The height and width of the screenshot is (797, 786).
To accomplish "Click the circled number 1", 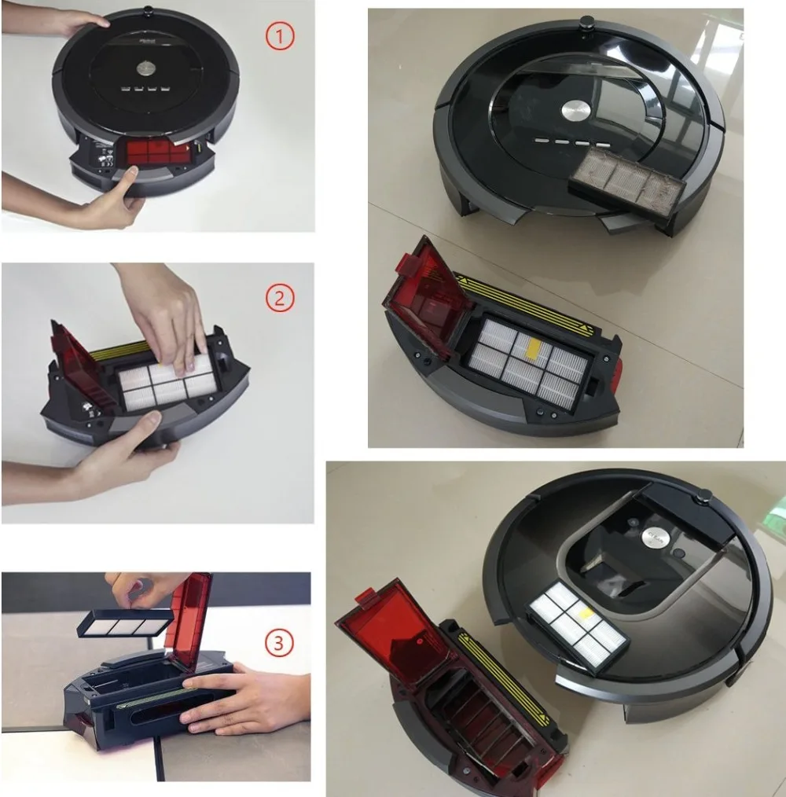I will [x=280, y=36].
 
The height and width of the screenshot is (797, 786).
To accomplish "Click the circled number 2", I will [x=280, y=298].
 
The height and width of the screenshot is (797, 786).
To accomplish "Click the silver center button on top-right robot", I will [x=575, y=111].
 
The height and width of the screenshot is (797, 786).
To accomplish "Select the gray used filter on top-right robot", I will [x=626, y=182].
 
